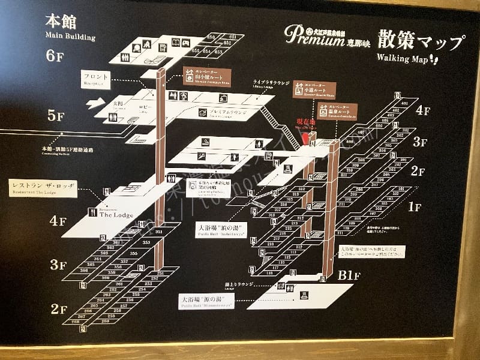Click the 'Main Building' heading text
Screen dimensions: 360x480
click(70, 37)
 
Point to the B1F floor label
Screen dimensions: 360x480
click(349, 276)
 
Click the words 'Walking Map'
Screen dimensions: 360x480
click(401, 58)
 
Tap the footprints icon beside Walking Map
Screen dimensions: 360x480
click(434, 59)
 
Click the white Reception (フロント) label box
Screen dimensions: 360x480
click(97, 79)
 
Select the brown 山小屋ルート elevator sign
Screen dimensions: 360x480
click(206, 76)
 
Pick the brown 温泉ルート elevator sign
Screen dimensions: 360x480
click(337, 111)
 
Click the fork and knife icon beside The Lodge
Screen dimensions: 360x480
click(92, 212)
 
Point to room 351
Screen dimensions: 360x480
click(159, 232)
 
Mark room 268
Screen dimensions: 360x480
click(76, 322)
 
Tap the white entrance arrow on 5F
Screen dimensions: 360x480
click(95, 104)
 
